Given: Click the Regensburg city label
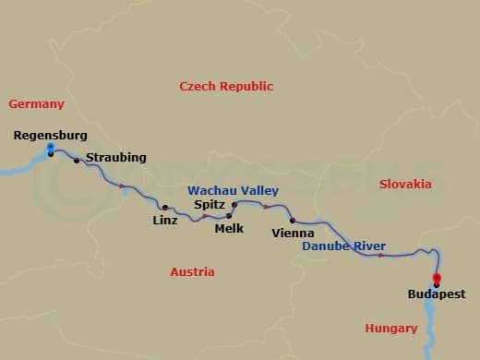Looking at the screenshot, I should [51, 136].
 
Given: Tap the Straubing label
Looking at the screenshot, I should [115, 158].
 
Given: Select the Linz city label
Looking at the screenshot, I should [165, 220].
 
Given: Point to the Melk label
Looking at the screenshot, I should [228, 227].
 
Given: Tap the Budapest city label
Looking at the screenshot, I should [437, 294].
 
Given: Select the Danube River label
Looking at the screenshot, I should [344, 246].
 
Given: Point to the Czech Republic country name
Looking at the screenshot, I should [226, 86].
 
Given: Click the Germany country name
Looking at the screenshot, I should [36, 104].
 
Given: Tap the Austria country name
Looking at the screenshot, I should [192, 271].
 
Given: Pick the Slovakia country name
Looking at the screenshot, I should [405, 184].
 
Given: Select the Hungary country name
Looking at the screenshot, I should [391, 328].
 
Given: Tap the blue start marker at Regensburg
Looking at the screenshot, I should [50, 147].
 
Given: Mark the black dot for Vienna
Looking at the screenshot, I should [293, 220].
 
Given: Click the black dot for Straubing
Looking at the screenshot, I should [77, 161].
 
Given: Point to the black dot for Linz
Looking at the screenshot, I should [165, 208].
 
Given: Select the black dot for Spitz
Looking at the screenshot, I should [234, 204].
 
